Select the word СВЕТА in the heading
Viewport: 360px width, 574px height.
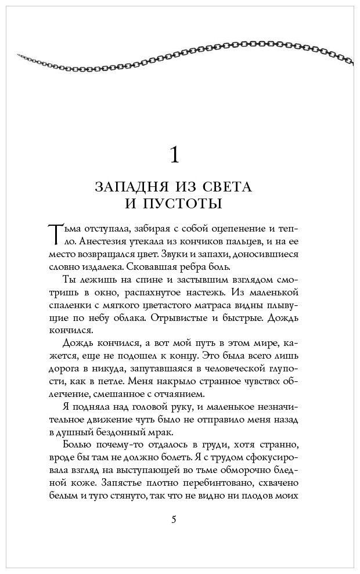pyautogui.click(x=230, y=187)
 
